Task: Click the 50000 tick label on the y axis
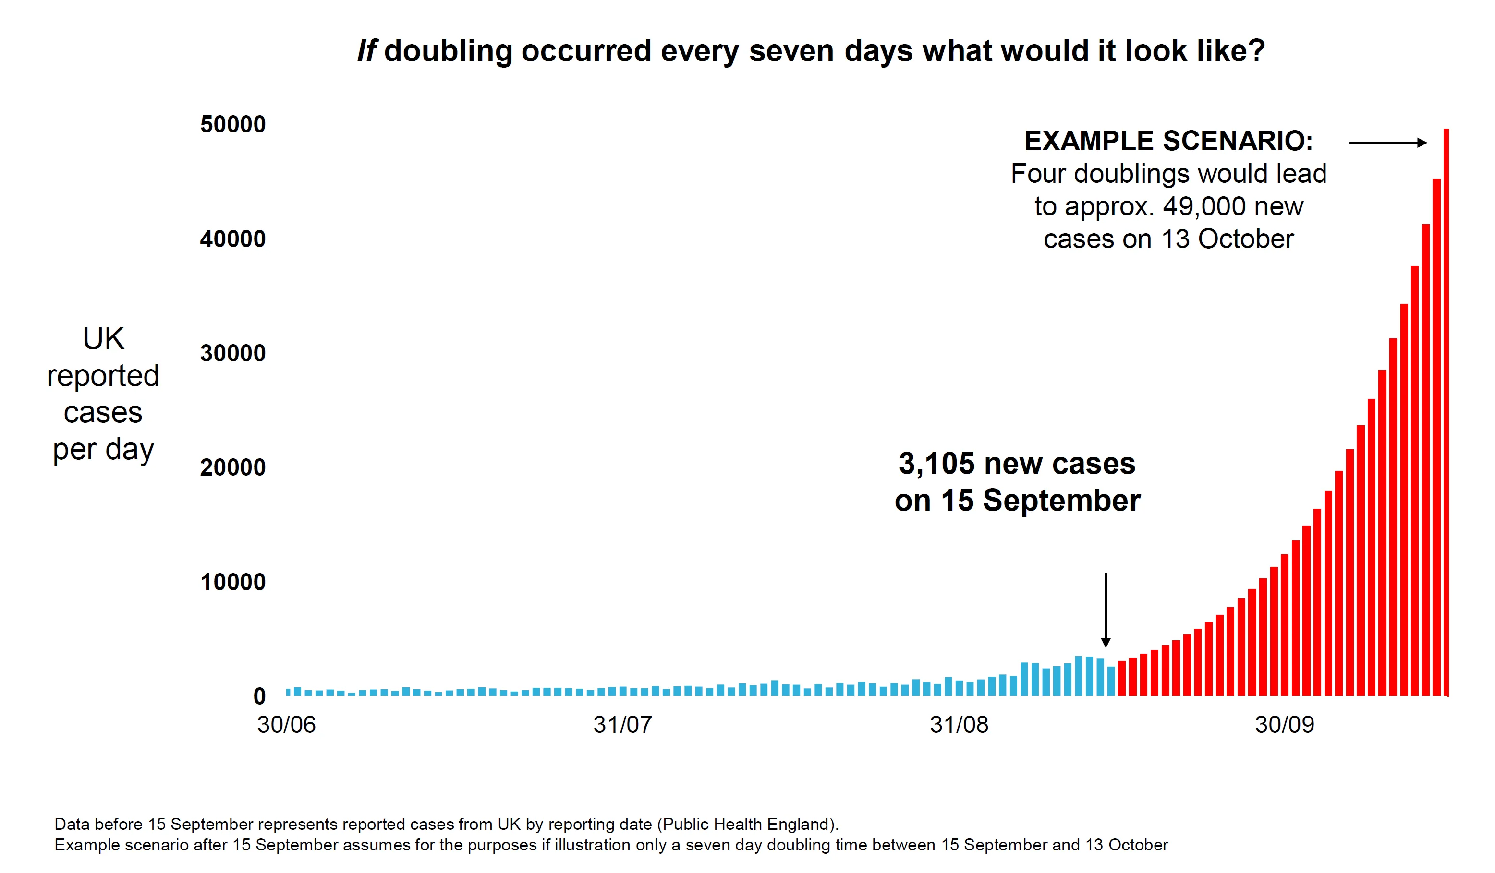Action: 232,125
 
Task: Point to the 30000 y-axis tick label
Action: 232,353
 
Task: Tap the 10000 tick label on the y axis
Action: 232,582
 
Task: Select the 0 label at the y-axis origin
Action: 259,696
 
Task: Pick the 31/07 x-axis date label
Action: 622,725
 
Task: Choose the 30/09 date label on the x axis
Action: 1284,725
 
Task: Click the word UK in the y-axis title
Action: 103,339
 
